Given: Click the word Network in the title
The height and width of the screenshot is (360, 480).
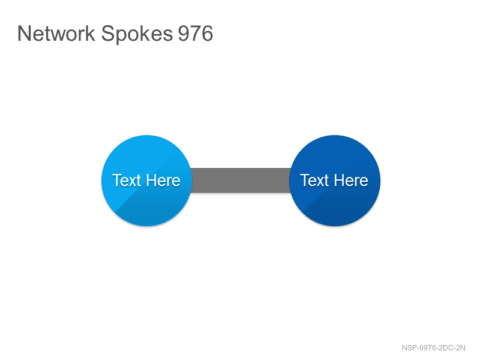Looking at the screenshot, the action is coord(56,33).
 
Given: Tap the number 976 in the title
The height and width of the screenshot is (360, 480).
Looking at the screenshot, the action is coord(196,34).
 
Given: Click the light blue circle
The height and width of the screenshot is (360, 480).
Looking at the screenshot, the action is coord(146,181).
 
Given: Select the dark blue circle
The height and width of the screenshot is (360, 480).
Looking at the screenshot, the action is coord(335,181).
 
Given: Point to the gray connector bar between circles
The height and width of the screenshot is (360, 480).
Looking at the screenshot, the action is coord(241,181).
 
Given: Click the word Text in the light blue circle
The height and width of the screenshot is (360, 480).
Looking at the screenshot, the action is coord(127,180).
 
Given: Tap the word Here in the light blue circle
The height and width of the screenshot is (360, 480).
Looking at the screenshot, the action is coord(163,180).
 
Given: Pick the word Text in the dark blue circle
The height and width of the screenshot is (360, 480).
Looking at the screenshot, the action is coord(314,180).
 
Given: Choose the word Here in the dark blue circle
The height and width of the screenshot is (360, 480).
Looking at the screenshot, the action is coord(351,180).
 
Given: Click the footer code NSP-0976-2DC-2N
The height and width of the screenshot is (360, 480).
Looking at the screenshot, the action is coord(433,348).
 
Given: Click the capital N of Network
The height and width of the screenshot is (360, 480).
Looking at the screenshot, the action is coord(24,34).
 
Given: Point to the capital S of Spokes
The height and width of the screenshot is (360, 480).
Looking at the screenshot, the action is coord(107,34).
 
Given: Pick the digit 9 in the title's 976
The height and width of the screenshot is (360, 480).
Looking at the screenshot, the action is coord(184,34).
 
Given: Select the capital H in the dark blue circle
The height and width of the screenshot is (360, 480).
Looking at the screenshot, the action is coord(339,180).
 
